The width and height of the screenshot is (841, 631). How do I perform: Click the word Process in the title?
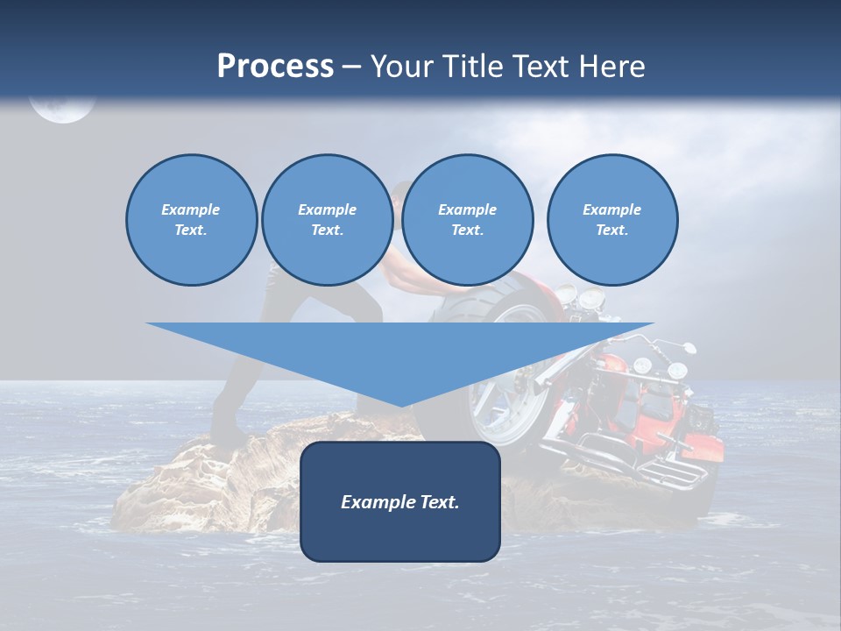pyautogui.click(x=275, y=67)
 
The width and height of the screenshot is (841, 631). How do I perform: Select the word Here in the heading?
pyautogui.click(x=612, y=67)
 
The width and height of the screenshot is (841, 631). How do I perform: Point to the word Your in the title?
pyautogui.click(x=399, y=67)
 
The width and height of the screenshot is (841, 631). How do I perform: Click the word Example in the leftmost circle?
pyautogui.click(x=190, y=209)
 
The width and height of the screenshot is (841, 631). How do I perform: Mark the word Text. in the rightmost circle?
pyautogui.click(x=611, y=230)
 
